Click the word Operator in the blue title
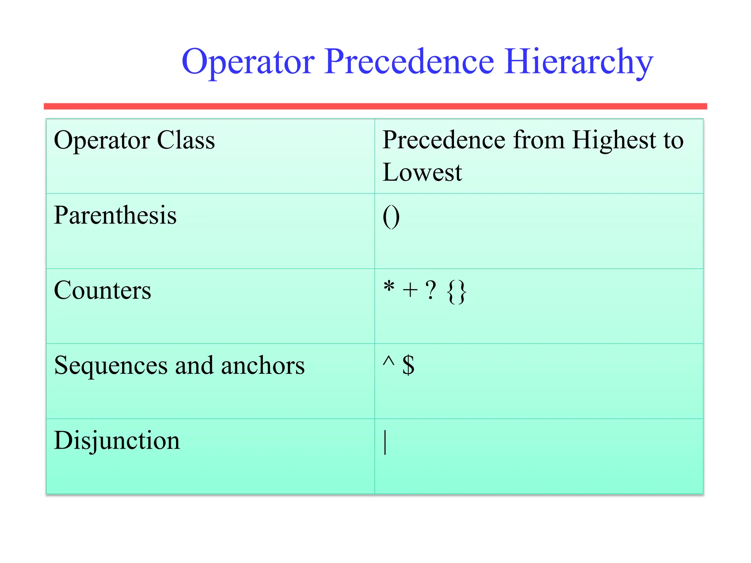pos(248,62)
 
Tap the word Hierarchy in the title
pos(578,62)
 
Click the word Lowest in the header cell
pos(422,172)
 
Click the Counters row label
pos(102,290)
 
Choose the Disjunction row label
pos(117,440)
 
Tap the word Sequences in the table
pos(111,366)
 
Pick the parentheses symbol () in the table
pos(391,217)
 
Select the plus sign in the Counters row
pos(410,290)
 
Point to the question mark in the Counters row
pos(431,290)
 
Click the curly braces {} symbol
pos(457,292)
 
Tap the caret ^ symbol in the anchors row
pos(388,361)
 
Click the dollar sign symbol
pos(408,365)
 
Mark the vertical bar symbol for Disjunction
pos(385,442)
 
